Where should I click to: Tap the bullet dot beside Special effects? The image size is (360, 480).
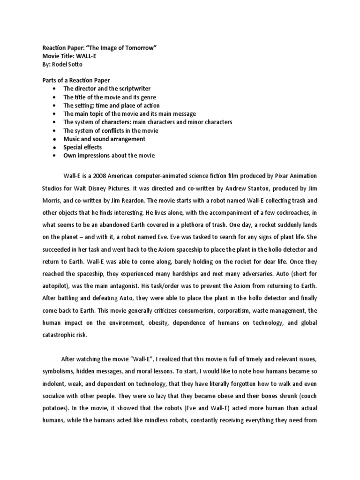point(55,147)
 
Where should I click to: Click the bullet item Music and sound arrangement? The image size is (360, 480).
point(104,139)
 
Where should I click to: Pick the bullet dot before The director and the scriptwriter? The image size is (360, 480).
point(55,89)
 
